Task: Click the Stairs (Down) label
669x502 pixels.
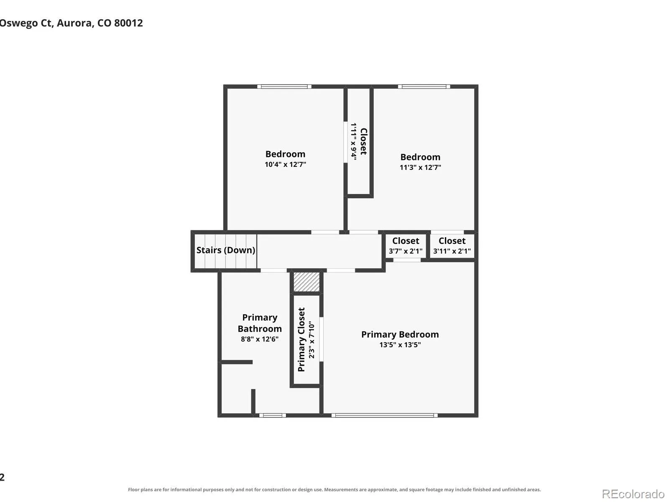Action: (x=225, y=250)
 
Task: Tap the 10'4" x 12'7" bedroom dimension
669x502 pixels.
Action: (x=285, y=164)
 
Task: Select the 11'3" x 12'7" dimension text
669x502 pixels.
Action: (x=420, y=167)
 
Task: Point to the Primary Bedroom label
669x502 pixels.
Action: (x=400, y=334)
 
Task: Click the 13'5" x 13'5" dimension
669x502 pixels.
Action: (x=400, y=345)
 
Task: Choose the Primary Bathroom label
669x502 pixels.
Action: (x=260, y=323)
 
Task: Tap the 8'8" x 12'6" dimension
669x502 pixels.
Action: (x=260, y=339)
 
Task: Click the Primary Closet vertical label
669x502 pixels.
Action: (x=301, y=340)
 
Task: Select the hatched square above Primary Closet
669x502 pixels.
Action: (x=306, y=282)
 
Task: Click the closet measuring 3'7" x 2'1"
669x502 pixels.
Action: (x=406, y=246)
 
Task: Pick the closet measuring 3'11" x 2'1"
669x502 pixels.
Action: (x=452, y=246)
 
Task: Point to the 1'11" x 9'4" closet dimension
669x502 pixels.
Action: (x=354, y=141)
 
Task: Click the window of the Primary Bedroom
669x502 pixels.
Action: (x=384, y=415)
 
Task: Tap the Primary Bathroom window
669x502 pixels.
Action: (x=273, y=415)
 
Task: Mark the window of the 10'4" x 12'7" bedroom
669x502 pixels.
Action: (x=284, y=87)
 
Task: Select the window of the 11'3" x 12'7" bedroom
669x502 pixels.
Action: (x=424, y=87)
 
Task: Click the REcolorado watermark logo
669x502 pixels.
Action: (x=633, y=494)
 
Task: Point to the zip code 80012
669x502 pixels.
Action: (x=128, y=23)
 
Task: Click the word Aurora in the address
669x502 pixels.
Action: (x=75, y=23)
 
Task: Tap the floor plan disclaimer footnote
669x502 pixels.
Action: (x=334, y=489)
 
